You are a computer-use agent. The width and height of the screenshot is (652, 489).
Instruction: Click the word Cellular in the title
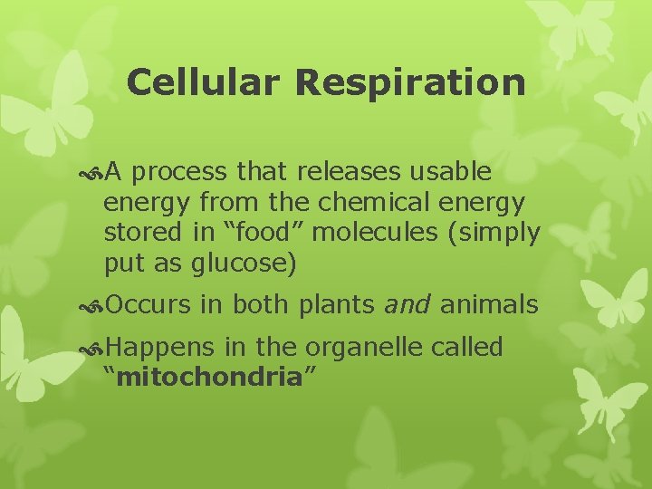[x=205, y=82]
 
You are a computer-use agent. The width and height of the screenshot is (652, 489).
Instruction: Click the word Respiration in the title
[x=410, y=82]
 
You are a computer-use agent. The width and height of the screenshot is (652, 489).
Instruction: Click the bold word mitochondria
[x=209, y=377]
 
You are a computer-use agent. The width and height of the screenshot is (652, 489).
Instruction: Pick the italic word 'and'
[x=407, y=305]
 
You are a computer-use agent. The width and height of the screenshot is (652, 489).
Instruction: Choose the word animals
[x=489, y=305]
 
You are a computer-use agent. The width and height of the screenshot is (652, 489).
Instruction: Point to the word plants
[x=336, y=305]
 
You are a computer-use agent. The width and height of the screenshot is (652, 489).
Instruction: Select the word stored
[x=143, y=232]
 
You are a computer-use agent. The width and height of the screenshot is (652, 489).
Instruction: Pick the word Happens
[x=160, y=348]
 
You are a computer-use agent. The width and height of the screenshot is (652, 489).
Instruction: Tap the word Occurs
[x=149, y=305]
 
